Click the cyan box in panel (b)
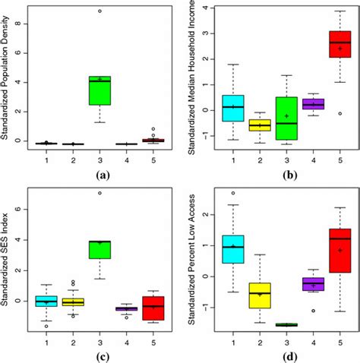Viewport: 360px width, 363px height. pos(232,108)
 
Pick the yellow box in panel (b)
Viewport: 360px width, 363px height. pos(260,125)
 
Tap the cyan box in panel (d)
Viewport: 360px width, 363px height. pos(232,248)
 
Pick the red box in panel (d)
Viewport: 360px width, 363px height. pos(339,250)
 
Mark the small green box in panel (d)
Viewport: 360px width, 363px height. pos(286,324)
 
